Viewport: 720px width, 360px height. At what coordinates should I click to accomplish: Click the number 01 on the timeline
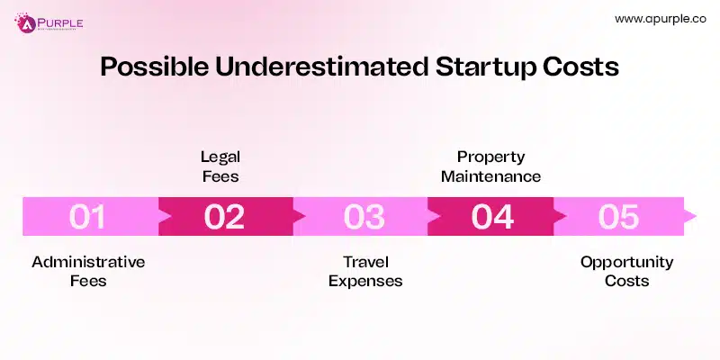pyautogui.click(x=87, y=217)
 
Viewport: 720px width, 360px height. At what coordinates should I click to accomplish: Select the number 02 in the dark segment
pyautogui.click(x=224, y=217)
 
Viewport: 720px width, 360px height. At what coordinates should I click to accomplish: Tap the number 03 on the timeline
pyautogui.click(x=358, y=217)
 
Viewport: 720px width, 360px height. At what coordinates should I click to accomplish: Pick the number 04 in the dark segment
pyautogui.click(x=492, y=217)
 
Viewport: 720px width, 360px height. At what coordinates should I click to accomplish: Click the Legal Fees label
pyautogui.click(x=220, y=166)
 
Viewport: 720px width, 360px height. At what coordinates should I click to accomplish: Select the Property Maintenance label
pyautogui.click(x=490, y=166)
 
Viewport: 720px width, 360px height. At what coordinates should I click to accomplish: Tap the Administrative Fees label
pyautogui.click(x=88, y=271)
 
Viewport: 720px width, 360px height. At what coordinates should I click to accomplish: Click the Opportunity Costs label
pyautogui.click(x=626, y=271)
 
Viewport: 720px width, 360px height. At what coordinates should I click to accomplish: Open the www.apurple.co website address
pyautogui.click(x=659, y=18)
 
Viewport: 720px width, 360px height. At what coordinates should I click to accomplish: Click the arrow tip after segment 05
pyautogui.click(x=691, y=217)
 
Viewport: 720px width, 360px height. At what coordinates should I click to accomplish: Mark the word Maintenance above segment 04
pyautogui.click(x=490, y=176)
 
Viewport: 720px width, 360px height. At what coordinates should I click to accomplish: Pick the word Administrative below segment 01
pyautogui.click(x=88, y=262)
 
